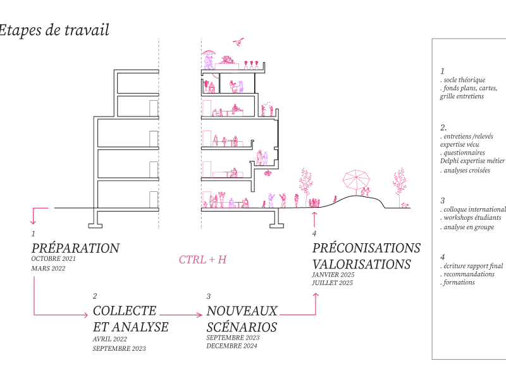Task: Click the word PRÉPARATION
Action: click(x=75, y=248)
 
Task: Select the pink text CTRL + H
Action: click(x=202, y=259)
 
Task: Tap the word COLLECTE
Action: click(x=124, y=311)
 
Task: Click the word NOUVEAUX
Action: click(x=242, y=311)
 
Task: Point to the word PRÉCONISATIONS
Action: click(x=366, y=248)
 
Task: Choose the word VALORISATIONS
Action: click(x=361, y=264)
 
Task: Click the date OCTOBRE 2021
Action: click(x=54, y=259)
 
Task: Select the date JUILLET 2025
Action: click(x=333, y=283)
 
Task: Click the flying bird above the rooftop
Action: click(x=238, y=42)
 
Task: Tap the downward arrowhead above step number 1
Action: click(x=34, y=221)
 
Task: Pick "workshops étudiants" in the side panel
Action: click(x=472, y=218)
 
